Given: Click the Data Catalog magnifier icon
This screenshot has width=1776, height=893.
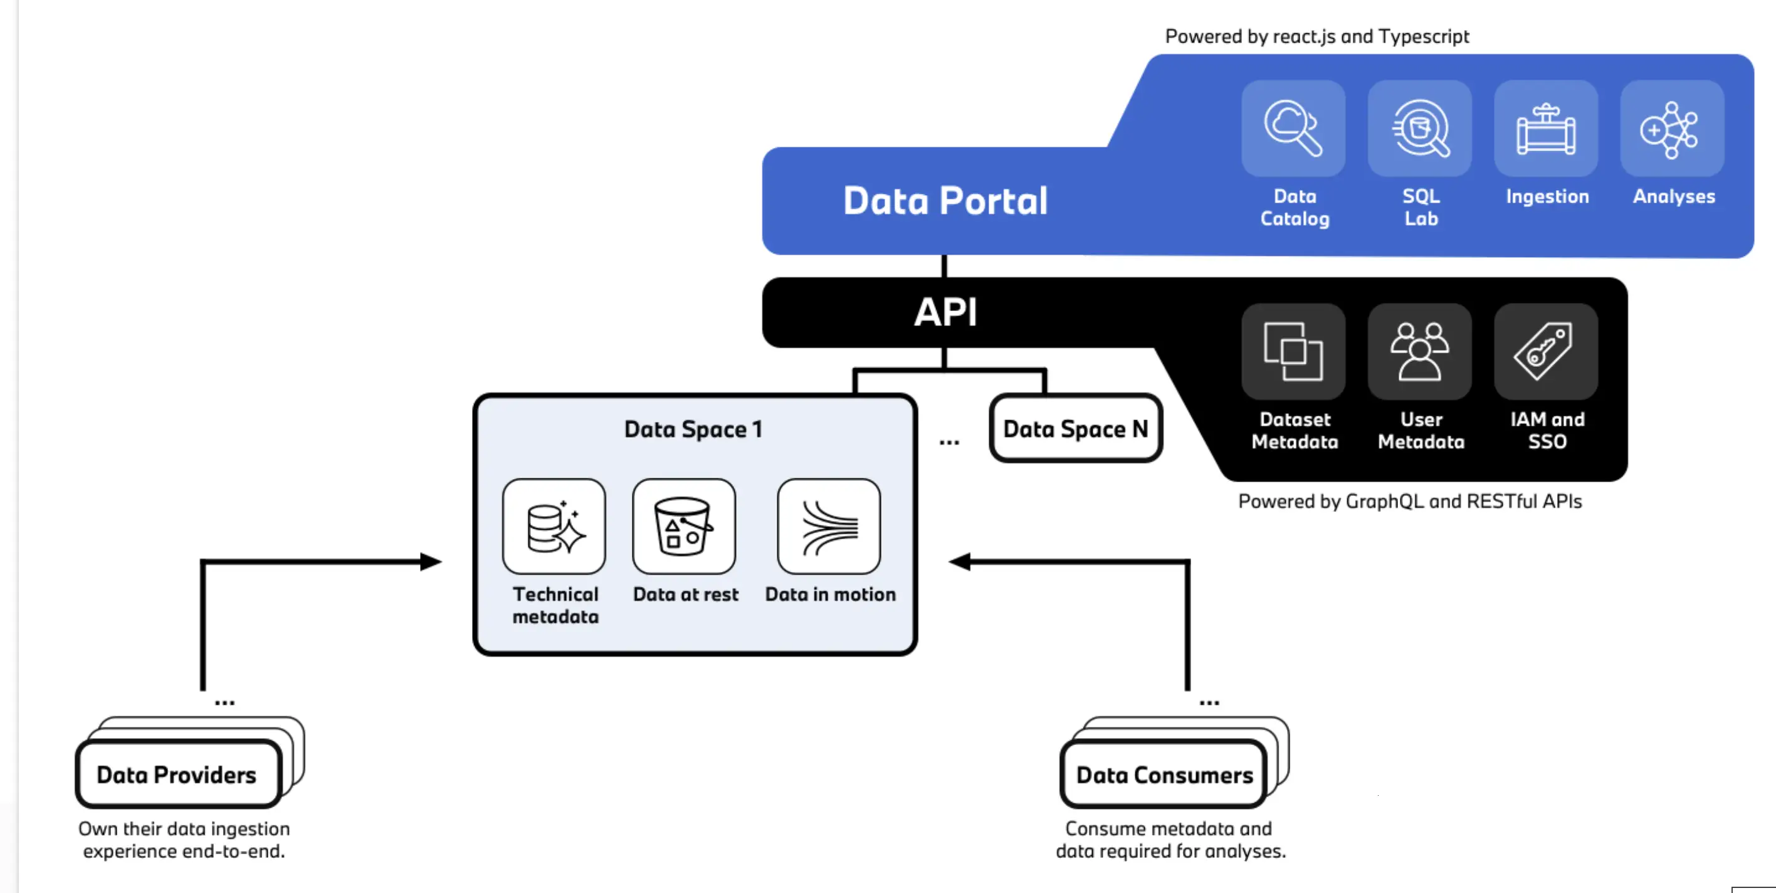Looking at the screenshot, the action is [1293, 127].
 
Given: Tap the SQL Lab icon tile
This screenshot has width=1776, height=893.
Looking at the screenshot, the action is [1419, 129].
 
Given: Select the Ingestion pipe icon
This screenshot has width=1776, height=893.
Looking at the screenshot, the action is [1546, 129].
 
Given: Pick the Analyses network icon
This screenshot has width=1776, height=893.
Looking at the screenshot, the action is [1670, 130].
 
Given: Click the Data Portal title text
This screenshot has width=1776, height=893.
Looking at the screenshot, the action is [945, 201].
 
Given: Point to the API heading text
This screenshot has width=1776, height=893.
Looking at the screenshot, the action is [945, 312].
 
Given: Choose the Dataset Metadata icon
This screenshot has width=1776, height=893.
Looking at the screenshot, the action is [1293, 351].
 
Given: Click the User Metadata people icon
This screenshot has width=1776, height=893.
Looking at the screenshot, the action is [1419, 351].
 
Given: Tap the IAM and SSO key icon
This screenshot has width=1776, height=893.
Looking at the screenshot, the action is [1544, 351].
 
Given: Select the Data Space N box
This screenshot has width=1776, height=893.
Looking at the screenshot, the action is [1076, 428].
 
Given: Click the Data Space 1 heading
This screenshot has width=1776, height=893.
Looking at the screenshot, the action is [693, 429].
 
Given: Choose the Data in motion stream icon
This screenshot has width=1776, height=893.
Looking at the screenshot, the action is [829, 527].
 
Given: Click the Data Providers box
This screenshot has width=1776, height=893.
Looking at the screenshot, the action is [179, 774].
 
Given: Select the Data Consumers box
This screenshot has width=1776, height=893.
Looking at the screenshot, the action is [1164, 774].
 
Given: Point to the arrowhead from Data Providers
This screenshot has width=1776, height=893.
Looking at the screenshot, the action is [431, 562].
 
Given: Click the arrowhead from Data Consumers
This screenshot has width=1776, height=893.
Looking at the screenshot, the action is [959, 562].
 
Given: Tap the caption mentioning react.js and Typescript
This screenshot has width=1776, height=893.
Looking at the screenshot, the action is [1317, 36].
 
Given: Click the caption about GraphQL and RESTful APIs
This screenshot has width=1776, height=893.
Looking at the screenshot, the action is [1410, 501].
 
